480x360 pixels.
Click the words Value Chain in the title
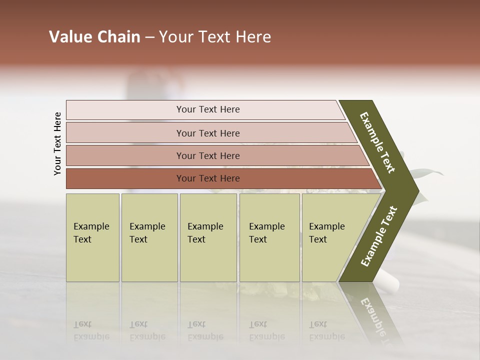[94, 37]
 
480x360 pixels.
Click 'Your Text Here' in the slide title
[215, 37]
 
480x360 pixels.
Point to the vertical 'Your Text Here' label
[57, 143]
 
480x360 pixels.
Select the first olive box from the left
[92, 237]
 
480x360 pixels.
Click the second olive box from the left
[149, 237]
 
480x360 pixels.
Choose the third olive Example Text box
[208, 237]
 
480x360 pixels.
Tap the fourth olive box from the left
[269, 237]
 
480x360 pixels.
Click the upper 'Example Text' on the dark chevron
[377, 142]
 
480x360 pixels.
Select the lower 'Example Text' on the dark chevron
[379, 236]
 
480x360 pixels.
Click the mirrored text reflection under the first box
[91, 330]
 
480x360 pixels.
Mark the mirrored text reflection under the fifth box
[327, 330]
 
